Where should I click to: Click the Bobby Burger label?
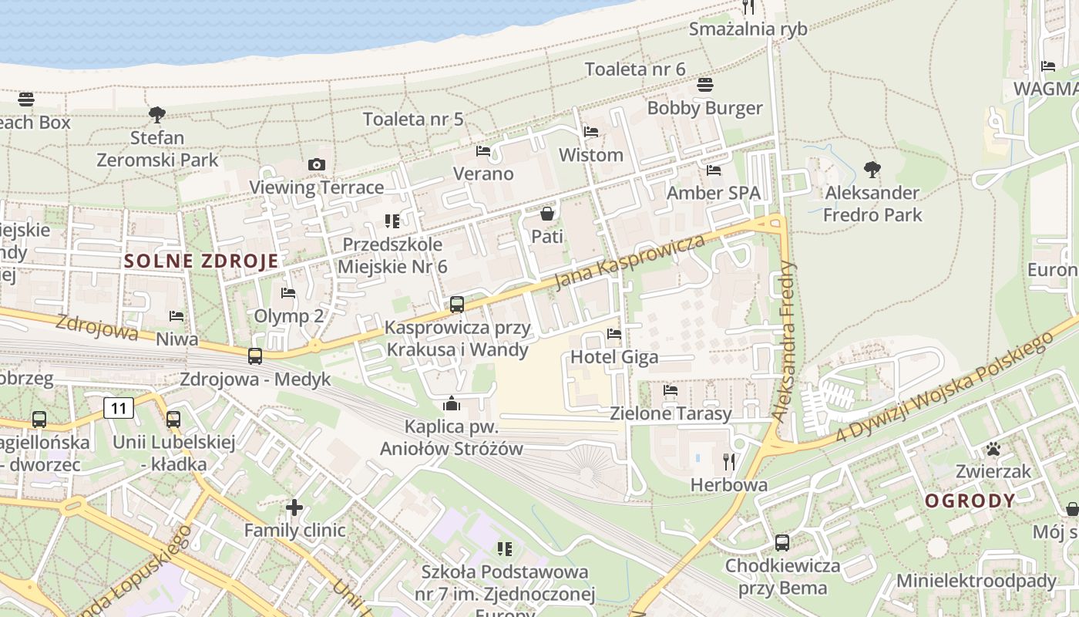704,108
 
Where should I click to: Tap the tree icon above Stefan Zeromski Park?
157,115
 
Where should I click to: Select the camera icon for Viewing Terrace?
316,164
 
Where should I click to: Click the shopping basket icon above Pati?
547,213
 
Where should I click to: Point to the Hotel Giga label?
614,357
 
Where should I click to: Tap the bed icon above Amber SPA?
714,170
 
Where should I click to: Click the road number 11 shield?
119,407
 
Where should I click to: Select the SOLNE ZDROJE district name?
201,261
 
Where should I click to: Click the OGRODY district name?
970,501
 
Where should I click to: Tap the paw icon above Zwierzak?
993,448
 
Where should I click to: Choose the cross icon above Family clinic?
294,507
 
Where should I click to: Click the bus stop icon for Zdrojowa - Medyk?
255,356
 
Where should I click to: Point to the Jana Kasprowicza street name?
630,264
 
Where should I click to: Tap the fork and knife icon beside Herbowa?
729,462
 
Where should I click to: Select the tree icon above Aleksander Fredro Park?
872,169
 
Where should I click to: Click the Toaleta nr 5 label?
413,119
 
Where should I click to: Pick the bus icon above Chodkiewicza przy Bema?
782,543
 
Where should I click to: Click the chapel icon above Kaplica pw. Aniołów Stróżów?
452,403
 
